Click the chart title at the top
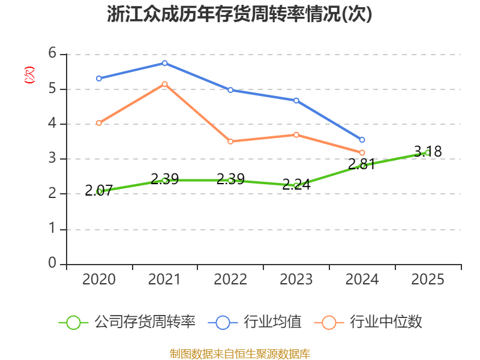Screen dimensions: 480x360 tap(239, 14)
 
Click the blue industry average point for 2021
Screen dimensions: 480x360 tap(164, 63)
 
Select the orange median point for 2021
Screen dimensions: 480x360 tap(164, 84)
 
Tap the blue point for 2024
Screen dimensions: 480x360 tap(362, 140)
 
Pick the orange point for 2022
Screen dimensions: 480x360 tap(230, 142)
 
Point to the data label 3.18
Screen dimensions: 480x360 tap(428, 152)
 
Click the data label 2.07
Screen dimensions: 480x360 tap(98, 190)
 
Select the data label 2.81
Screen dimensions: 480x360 tap(362, 164)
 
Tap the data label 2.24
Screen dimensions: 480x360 tap(296, 185)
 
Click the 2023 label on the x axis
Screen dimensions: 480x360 tap(296, 280)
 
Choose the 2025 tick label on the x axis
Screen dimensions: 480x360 tap(428, 280)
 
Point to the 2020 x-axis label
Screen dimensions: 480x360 tap(98, 280)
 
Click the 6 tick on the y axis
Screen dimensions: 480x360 tap(52, 53)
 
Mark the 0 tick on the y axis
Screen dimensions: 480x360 tap(52, 263)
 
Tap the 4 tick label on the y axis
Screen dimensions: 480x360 tap(52, 124)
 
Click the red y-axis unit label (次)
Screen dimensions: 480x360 tap(29, 74)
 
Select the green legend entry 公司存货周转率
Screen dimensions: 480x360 tap(127, 322)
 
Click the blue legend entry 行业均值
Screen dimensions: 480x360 tap(254, 322)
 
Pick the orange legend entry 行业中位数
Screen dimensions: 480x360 tap(368, 322)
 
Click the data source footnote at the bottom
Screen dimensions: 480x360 tap(240, 354)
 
